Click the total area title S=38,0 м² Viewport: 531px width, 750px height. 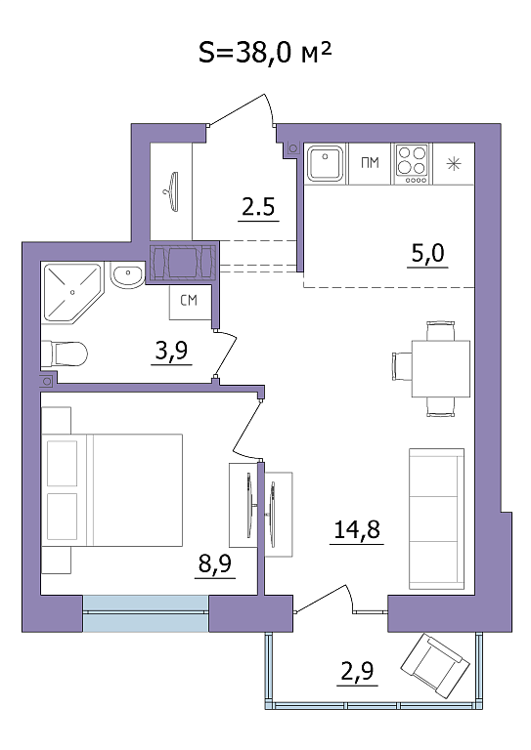[265, 52]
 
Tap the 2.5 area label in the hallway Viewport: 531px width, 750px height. [258, 207]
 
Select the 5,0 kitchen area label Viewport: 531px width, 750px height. [427, 253]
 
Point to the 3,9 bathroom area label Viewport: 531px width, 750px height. [171, 351]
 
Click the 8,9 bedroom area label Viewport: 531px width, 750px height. [215, 563]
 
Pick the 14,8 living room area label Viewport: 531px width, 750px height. [357, 529]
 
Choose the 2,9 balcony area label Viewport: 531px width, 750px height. [357, 671]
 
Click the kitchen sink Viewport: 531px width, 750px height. [326, 164]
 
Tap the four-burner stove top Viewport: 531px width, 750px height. [413, 164]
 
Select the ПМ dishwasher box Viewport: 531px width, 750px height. [370, 164]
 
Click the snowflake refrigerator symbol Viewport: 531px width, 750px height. [453, 164]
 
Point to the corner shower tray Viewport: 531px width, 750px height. [72, 293]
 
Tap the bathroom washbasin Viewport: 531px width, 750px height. [127, 274]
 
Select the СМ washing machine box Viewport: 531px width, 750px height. [190, 302]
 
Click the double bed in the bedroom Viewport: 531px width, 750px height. [112, 490]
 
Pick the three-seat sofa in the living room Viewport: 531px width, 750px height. [436, 519]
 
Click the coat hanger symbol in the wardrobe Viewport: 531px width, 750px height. [171, 190]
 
